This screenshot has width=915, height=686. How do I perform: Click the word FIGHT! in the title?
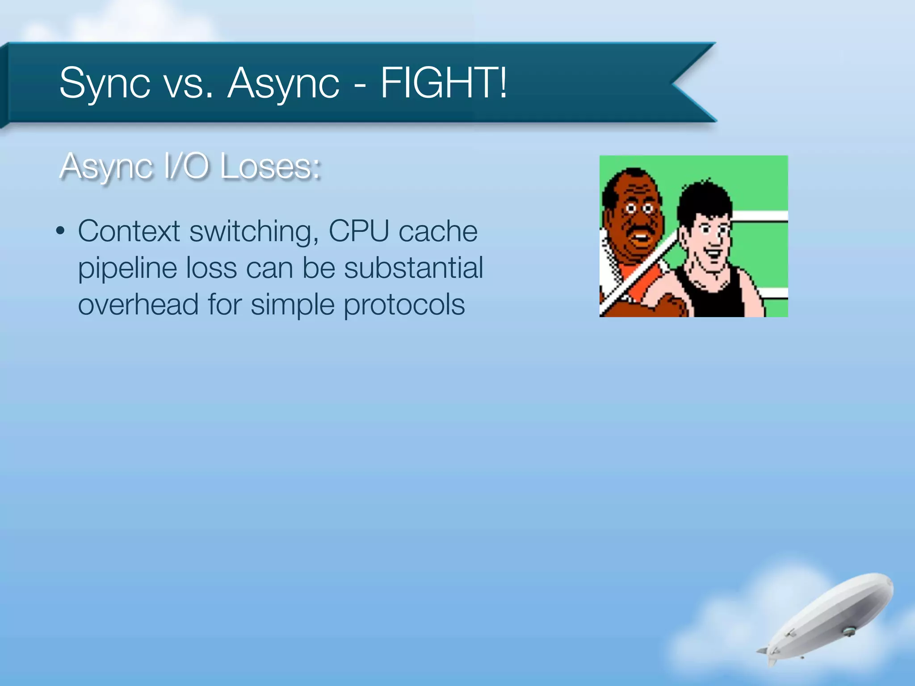(444, 83)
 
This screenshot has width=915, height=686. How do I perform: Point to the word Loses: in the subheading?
(270, 167)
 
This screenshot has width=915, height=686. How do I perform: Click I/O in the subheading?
(187, 166)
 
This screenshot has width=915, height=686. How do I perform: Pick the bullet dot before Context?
(60, 231)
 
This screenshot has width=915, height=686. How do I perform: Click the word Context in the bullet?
(129, 231)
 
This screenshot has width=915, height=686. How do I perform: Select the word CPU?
(359, 231)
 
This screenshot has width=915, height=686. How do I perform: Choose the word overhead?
(138, 305)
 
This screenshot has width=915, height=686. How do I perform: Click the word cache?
(438, 231)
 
